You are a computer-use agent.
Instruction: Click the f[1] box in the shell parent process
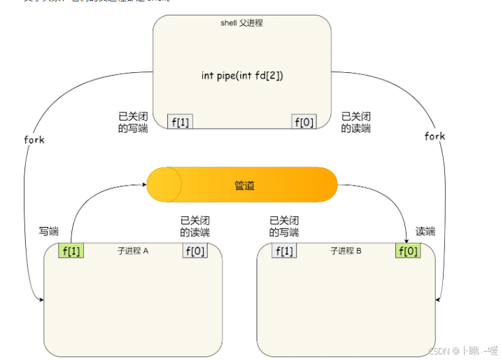181,122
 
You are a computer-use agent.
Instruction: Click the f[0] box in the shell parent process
304,122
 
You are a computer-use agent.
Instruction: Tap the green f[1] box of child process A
71,251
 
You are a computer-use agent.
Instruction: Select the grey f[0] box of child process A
195,251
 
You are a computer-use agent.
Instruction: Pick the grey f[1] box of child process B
284,251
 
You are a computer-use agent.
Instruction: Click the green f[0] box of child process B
408,251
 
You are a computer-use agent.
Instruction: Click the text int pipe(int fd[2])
242,76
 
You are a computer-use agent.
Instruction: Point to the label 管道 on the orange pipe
244,186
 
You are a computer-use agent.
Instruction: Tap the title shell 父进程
241,23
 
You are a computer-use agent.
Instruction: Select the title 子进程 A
133,251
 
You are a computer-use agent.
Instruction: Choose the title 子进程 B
346,251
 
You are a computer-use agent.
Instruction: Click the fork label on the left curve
34,139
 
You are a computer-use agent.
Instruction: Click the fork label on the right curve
435,137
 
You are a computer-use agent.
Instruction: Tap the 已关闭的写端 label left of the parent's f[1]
133,123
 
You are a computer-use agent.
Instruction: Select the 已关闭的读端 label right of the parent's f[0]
355,123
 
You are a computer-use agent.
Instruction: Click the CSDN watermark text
461,350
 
